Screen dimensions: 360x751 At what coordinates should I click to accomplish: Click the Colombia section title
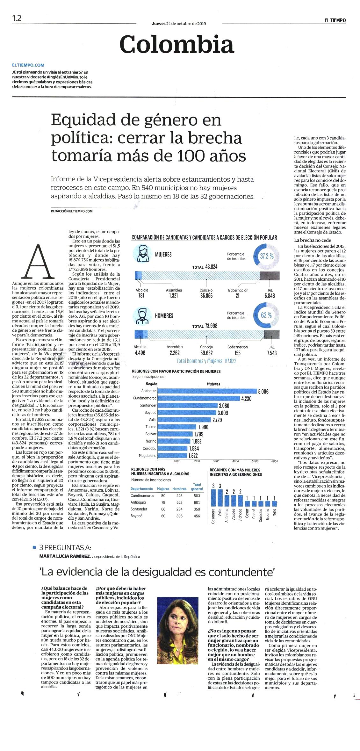[x=177, y=44]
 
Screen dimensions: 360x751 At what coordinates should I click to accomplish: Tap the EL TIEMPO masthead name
[x=335, y=20]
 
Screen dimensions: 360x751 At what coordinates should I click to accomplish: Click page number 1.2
[x=17, y=18]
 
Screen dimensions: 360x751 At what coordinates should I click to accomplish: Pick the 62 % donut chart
[x=267, y=315]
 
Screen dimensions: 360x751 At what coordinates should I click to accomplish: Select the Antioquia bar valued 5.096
[x=207, y=391]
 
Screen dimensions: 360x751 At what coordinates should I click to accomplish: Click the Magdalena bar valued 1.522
[x=172, y=456]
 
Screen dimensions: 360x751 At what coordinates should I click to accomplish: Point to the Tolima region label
[x=151, y=427]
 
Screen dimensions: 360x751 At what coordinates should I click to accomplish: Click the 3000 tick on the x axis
[x=216, y=461]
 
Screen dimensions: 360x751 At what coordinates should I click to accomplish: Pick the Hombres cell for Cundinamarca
[x=179, y=496]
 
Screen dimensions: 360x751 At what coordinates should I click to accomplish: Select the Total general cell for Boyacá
[x=197, y=516]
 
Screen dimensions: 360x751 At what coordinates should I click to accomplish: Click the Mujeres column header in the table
[x=163, y=489]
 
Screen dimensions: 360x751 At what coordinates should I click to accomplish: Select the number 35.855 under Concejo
[x=206, y=296]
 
